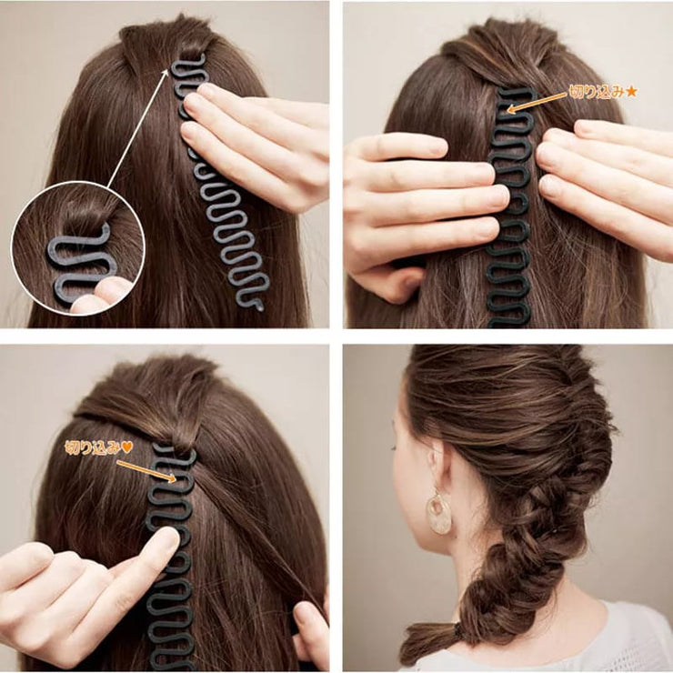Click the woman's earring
(438, 513)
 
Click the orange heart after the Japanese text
(127, 447)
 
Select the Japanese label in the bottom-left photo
(93, 447)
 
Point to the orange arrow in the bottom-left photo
(146, 469)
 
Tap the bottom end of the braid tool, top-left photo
(257, 302)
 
